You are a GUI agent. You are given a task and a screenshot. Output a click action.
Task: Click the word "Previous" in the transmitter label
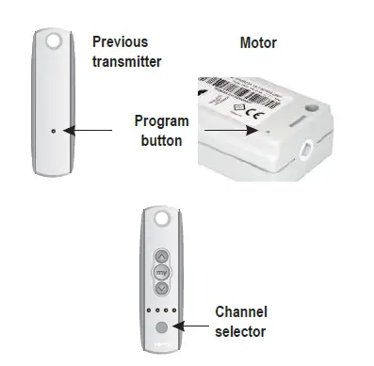pos(121,42)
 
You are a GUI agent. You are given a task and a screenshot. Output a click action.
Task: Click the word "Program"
pos(163,121)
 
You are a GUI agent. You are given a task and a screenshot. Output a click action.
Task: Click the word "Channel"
pos(242,311)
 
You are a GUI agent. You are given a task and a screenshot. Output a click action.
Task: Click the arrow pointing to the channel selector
pos(192,326)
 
